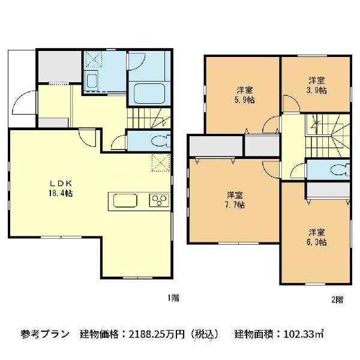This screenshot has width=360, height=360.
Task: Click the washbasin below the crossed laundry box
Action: click(x=92, y=81)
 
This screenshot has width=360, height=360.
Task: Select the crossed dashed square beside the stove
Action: click(x=160, y=163)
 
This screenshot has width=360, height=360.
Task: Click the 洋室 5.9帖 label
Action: click(x=244, y=95)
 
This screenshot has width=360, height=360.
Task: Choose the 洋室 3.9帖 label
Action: click(x=317, y=85)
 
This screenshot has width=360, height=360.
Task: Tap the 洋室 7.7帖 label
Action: click(x=235, y=200)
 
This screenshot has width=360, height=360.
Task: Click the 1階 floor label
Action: click(x=173, y=298)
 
